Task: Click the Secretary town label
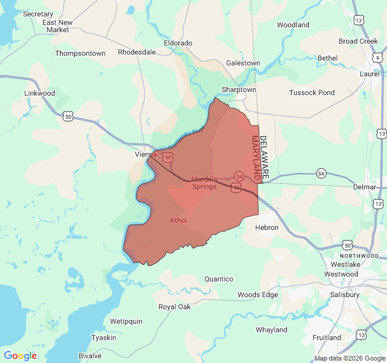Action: click(38, 14)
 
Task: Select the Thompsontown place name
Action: click(80, 53)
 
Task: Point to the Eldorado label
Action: click(178, 43)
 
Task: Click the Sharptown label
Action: click(239, 90)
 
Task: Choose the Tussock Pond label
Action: click(311, 93)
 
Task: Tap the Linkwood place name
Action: click(39, 94)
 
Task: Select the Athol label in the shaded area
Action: click(178, 220)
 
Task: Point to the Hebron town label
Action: click(267, 227)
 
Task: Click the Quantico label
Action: click(219, 279)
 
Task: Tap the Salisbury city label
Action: click(345, 295)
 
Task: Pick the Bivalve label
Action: click(90, 356)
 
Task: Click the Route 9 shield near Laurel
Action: click(377, 58)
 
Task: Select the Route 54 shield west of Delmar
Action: click(320, 174)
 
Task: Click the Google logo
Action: click(20, 356)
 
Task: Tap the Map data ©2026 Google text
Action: click(349, 358)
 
